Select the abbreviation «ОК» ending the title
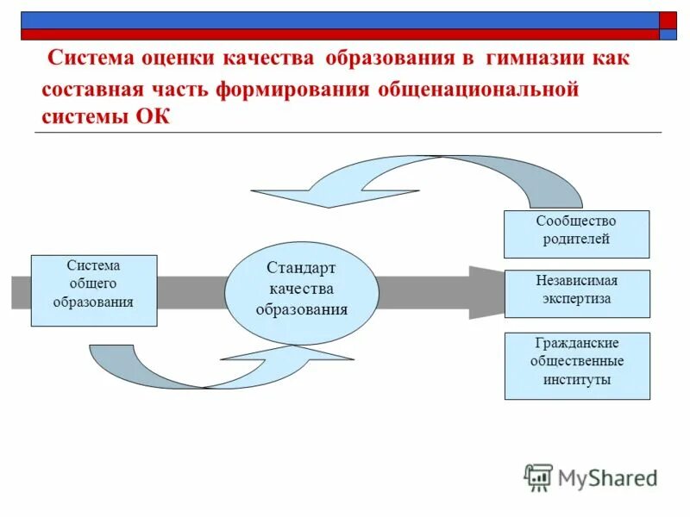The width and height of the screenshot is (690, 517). click(153, 117)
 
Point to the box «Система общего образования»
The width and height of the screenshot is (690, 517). click(94, 290)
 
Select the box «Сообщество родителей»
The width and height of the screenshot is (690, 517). click(576, 233)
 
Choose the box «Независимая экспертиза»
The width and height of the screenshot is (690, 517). click(576, 293)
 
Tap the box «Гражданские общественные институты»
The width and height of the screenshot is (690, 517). click(576, 365)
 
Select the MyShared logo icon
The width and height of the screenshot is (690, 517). click(538, 477)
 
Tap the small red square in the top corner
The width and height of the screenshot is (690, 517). click(668, 20)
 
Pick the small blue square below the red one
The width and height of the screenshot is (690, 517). click(668, 35)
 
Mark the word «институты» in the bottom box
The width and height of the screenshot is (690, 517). click(576, 380)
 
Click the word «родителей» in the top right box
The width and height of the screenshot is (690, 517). click(576, 240)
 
